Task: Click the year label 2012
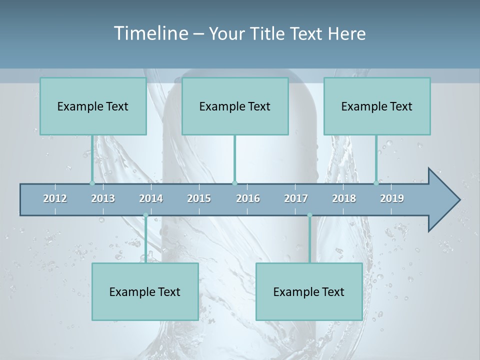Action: pos(55,198)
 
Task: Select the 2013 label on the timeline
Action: pos(103,198)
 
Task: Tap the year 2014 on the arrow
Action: pos(151,198)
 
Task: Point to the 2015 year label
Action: pos(199,198)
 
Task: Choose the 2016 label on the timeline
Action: pos(248,198)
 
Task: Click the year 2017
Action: pos(296,198)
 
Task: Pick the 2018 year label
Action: pos(344,198)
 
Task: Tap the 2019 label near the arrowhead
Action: pos(392,198)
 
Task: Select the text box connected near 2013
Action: pos(93,106)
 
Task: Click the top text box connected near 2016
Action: pos(235,106)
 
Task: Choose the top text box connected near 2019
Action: pos(377,106)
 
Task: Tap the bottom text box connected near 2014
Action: pos(145,291)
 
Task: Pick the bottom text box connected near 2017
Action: pos(309,291)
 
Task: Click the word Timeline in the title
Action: pos(150,33)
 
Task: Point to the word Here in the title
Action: pos(346,33)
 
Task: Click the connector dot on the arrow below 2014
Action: pos(145,215)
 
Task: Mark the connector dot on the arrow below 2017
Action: pos(309,215)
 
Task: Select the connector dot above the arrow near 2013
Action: pos(92,183)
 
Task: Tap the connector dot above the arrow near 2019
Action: pos(376,183)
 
